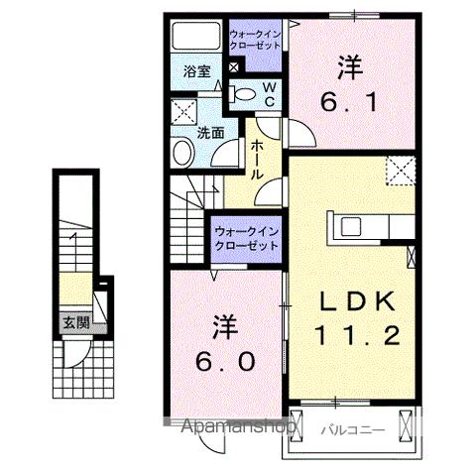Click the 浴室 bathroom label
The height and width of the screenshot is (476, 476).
[196, 71]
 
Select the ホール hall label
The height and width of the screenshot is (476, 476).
[256, 159]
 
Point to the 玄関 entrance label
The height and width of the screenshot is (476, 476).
[74, 321]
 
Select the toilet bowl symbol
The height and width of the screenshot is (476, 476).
[244, 94]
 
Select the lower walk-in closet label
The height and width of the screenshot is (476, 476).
[245, 238]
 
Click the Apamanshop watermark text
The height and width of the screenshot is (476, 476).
[238, 427]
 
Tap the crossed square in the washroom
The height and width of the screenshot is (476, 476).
[181, 110]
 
